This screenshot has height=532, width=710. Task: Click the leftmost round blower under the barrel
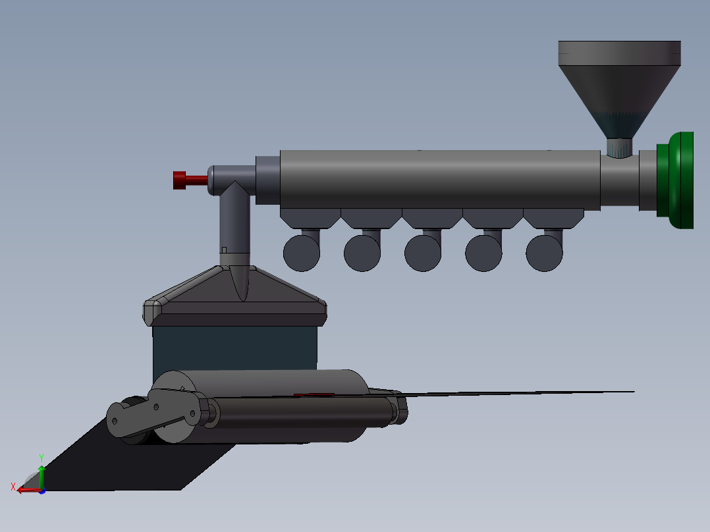tap(302, 253)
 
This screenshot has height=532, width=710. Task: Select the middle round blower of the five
tap(423, 253)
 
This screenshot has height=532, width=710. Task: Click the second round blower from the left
tap(362, 253)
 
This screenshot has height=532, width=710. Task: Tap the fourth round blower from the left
tap(483, 253)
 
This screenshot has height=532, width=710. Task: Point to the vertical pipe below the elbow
tap(234, 224)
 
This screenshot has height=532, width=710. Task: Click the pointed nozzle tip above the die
tap(240, 283)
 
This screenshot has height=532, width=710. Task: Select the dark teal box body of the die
tap(235, 349)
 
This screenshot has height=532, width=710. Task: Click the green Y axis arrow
tap(41, 473)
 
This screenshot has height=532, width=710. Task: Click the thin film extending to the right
tap(527, 393)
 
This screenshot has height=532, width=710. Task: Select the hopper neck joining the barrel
tap(618, 147)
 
